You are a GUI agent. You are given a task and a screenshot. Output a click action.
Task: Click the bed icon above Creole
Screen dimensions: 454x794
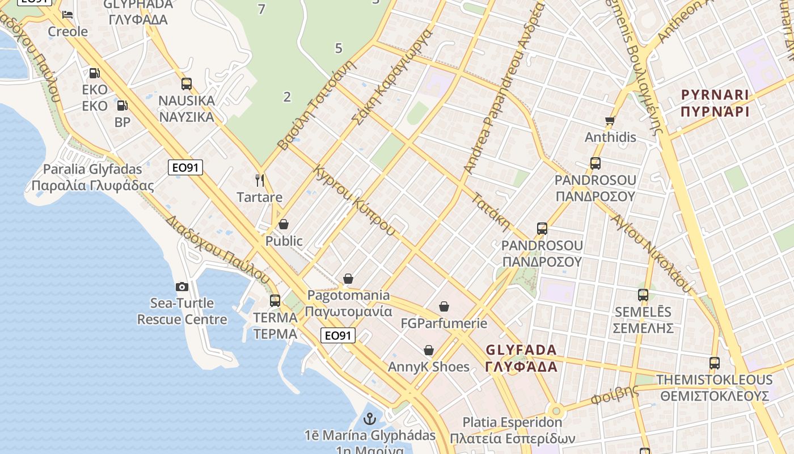(x=67, y=14)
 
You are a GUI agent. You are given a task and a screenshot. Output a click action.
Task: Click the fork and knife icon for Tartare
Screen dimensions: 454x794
(x=260, y=180)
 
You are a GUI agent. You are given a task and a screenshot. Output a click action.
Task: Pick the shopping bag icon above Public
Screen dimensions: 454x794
(x=284, y=224)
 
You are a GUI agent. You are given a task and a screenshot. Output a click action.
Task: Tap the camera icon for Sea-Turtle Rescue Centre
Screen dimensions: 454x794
(x=182, y=287)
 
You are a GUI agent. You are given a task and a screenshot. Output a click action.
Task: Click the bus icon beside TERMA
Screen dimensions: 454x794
(x=275, y=301)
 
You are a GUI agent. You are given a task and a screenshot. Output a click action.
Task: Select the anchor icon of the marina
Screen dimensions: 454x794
(x=370, y=419)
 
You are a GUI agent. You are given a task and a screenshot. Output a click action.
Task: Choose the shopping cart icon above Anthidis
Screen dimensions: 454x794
(x=610, y=120)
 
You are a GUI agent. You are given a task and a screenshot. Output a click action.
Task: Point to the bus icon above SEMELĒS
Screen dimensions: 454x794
(x=643, y=295)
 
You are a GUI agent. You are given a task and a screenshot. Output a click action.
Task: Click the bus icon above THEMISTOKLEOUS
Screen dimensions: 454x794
(x=715, y=363)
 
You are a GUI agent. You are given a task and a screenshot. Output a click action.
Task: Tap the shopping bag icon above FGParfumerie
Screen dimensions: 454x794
(x=444, y=307)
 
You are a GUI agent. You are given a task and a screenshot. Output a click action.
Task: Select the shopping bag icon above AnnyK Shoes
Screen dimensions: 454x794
(x=429, y=350)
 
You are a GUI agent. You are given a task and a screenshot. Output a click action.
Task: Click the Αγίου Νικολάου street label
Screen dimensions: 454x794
(x=652, y=250)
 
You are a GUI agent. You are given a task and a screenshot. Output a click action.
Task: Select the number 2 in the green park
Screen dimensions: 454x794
(x=287, y=97)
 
